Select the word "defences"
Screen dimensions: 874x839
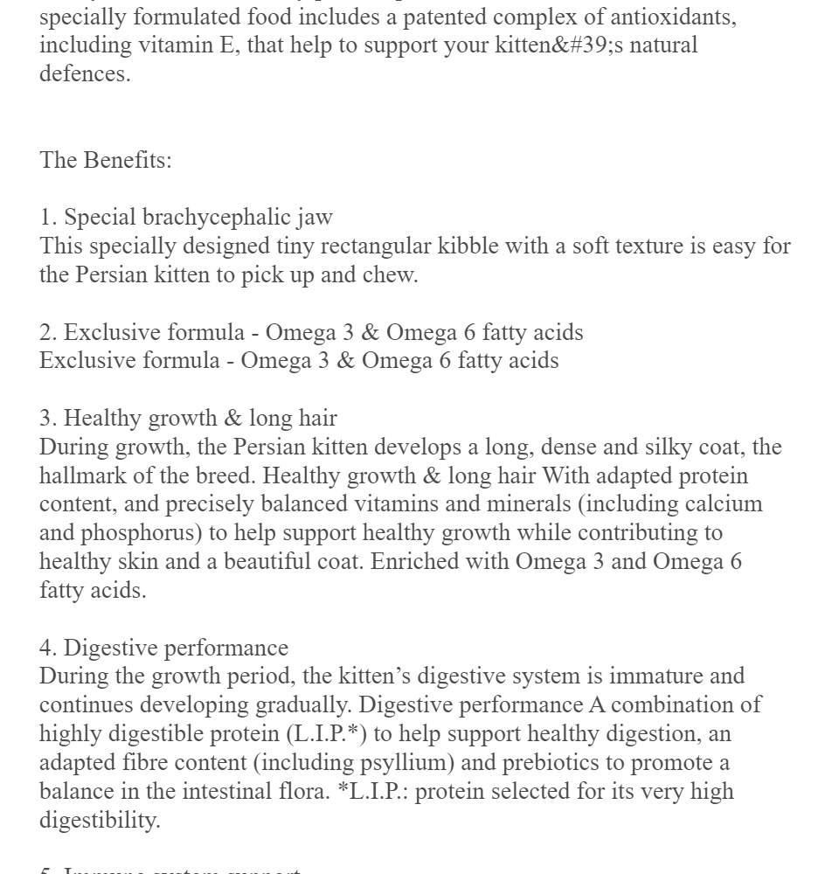[83, 74]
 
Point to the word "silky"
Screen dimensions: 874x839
[670, 447]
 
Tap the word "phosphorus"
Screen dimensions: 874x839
[138, 533]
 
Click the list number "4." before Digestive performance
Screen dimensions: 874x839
[48, 648]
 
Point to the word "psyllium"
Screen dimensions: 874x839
[406, 762]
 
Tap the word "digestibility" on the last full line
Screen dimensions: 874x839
[99, 820]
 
